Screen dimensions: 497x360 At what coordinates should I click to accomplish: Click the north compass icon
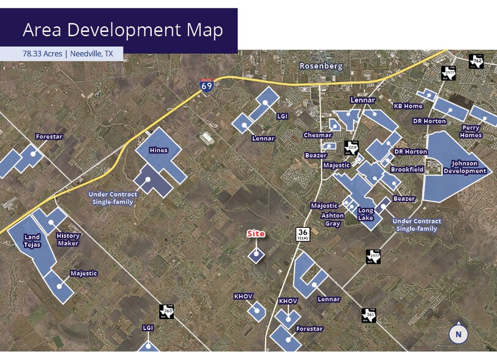tap(458, 334)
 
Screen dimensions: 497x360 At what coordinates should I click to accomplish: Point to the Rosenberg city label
tap(321, 66)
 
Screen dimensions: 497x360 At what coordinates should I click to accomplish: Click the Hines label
tap(159, 149)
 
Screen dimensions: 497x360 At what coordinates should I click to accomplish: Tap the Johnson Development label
tap(468, 167)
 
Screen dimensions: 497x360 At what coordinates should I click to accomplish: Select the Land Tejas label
tap(32, 241)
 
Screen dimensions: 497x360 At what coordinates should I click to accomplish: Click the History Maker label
tap(68, 239)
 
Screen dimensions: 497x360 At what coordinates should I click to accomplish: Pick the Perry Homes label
tap(471, 132)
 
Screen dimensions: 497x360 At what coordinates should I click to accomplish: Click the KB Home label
tap(408, 106)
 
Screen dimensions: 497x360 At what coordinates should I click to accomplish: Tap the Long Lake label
tap(365, 214)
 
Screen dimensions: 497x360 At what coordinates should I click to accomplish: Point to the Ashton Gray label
tap(332, 219)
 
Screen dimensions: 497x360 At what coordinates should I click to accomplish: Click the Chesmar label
tap(318, 135)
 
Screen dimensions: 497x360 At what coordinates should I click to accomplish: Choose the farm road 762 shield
tap(476, 61)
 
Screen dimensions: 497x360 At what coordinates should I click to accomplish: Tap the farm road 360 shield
tap(166, 312)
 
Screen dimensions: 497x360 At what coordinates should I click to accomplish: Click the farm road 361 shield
tap(368, 315)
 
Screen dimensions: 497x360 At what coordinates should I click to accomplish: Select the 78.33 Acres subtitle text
tap(68, 54)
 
